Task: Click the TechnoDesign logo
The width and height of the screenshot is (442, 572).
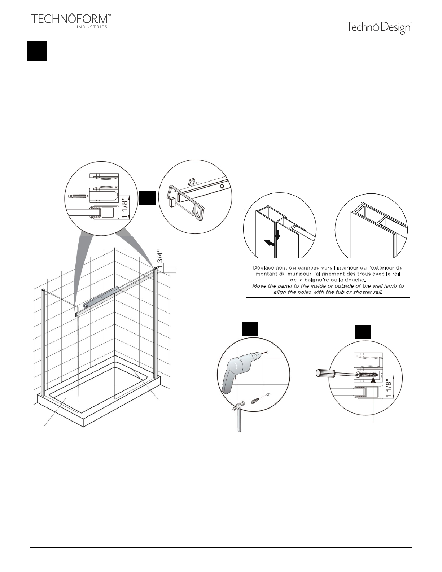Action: click(378, 28)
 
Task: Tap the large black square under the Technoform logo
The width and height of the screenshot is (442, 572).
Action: click(38, 51)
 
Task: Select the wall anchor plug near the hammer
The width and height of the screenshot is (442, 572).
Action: click(255, 401)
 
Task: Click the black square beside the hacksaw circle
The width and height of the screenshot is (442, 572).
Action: click(148, 198)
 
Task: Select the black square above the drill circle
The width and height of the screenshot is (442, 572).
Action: click(250, 329)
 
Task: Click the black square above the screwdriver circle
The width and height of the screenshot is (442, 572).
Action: click(363, 332)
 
